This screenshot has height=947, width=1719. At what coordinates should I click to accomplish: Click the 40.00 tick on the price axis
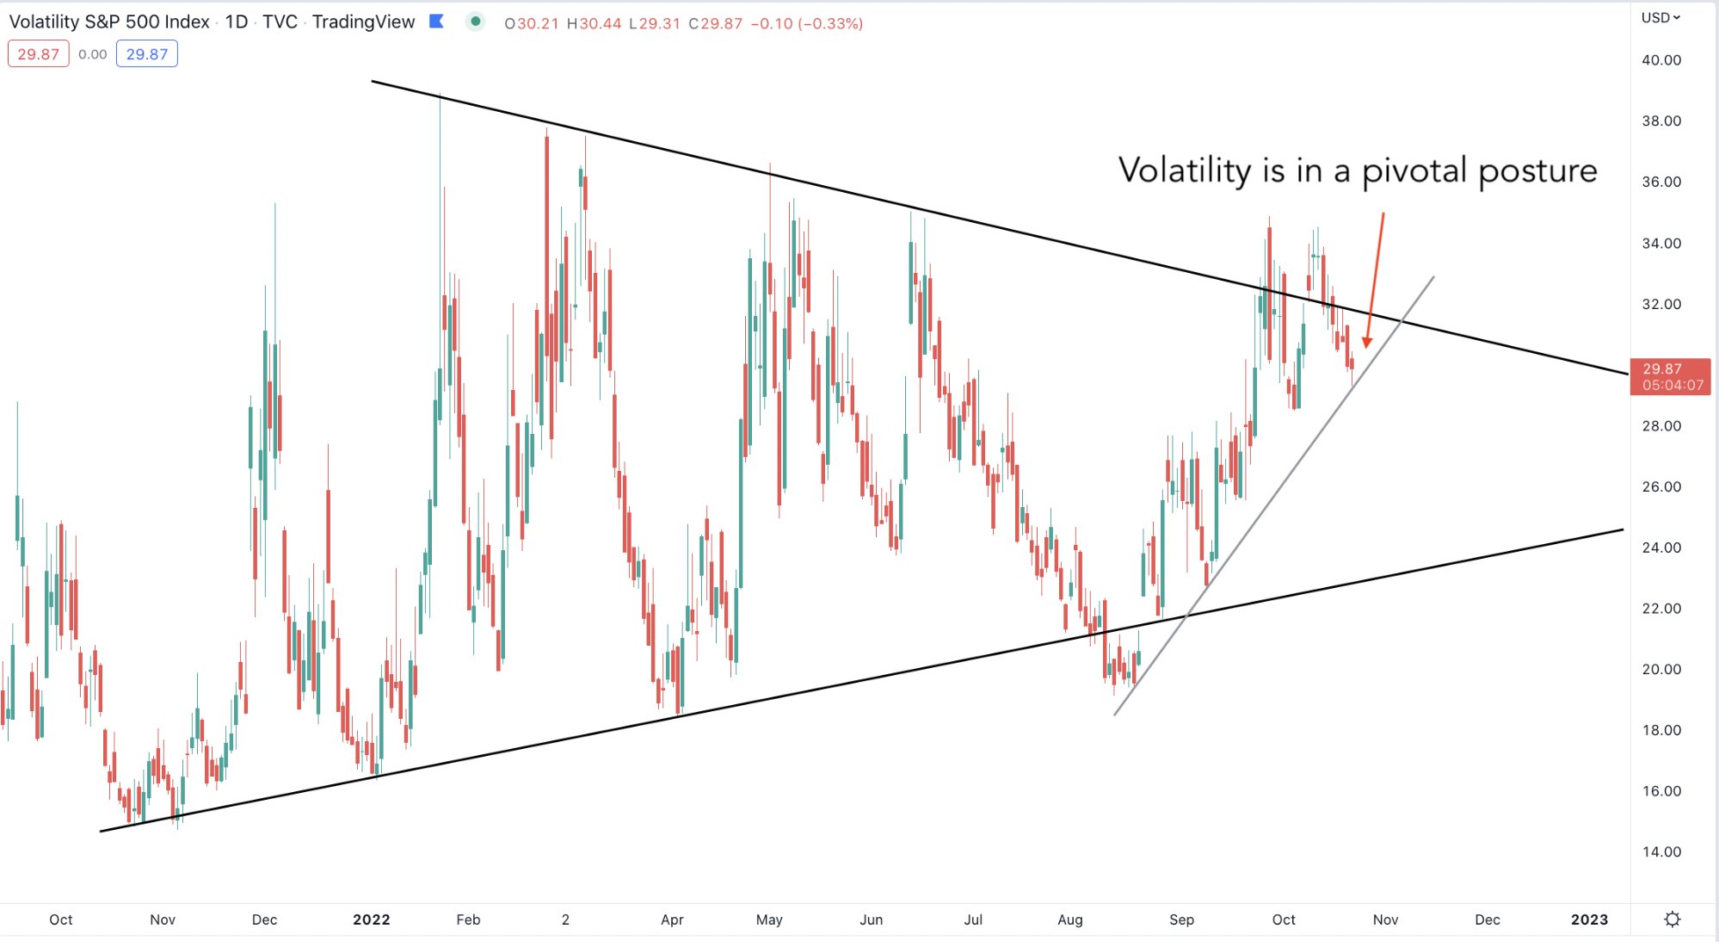pyautogui.click(x=1660, y=60)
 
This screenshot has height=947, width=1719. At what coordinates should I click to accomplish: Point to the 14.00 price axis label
pyautogui.click(x=1660, y=851)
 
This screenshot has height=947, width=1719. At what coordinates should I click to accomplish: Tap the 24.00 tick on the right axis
pyautogui.click(x=1660, y=548)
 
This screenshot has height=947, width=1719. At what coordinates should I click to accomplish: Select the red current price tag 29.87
pyautogui.click(x=1670, y=376)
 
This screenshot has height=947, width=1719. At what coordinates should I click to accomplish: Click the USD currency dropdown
pyautogui.click(x=1660, y=18)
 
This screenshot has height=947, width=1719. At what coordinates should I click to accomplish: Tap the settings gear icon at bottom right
pyautogui.click(x=1672, y=919)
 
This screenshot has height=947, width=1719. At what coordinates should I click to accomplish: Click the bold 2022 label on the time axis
pyautogui.click(x=371, y=919)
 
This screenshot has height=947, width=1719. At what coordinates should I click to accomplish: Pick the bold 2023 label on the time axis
pyautogui.click(x=1588, y=919)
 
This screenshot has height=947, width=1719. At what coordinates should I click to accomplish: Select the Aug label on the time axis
pyautogui.click(x=1069, y=919)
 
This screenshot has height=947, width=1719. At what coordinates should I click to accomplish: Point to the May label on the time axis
pyautogui.click(x=768, y=919)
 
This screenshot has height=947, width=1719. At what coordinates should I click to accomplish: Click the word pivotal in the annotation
pyautogui.click(x=1414, y=171)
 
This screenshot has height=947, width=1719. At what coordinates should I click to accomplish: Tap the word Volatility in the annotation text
pyautogui.click(x=1185, y=171)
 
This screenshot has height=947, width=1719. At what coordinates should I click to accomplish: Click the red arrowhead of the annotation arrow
pyautogui.click(x=1367, y=343)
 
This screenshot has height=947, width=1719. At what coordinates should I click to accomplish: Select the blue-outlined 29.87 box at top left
pyautogui.click(x=147, y=54)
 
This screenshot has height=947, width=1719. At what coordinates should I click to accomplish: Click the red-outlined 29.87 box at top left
pyautogui.click(x=39, y=54)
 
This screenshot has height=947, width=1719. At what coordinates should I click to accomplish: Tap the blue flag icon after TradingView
pyautogui.click(x=436, y=22)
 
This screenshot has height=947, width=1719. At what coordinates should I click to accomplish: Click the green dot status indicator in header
pyautogui.click(x=475, y=22)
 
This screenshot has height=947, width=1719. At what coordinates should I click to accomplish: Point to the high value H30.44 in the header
pyautogui.click(x=594, y=23)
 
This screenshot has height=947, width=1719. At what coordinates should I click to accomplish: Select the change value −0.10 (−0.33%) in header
pyautogui.click(x=806, y=23)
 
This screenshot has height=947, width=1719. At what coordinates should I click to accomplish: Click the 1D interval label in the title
pyautogui.click(x=237, y=22)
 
